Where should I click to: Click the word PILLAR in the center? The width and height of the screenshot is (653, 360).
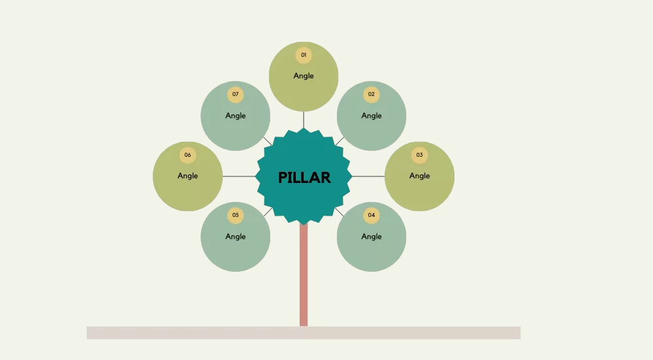point(304,177)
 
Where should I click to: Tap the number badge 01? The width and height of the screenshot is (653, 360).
point(304,56)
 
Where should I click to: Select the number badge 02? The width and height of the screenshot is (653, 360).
point(372,95)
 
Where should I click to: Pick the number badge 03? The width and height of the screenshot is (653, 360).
point(419,155)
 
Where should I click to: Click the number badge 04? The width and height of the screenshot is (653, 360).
point(372,215)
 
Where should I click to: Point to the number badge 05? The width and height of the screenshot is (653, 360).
point(236,215)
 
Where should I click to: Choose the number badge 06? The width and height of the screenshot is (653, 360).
point(187,155)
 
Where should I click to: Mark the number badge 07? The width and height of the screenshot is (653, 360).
point(236,95)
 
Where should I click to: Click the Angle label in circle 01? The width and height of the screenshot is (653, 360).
point(304,76)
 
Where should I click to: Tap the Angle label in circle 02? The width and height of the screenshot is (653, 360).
point(372,116)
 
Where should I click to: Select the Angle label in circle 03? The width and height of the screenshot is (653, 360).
point(419,176)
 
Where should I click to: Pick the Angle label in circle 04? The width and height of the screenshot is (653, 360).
point(372,237)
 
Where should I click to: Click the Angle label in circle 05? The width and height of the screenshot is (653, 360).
point(236,237)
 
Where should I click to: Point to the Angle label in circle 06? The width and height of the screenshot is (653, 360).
point(187,176)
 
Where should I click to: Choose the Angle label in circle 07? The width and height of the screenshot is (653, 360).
point(236,116)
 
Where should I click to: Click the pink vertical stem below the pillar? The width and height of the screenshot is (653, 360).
point(304,274)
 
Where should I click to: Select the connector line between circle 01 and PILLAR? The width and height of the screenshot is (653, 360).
point(304,120)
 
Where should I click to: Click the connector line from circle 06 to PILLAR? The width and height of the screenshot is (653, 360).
point(240,176)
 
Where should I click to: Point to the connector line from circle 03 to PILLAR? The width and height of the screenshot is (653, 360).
point(368,176)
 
